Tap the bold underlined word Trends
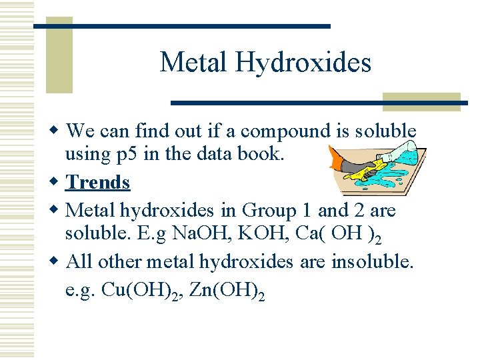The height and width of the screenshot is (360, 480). pyautogui.click(x=99, y=182)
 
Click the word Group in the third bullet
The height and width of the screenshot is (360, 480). pyautogui.click(x=268, y=211)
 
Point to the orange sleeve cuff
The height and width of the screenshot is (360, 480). pyautogui.click(x=336, y=159)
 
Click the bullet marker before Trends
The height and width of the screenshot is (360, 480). pyautogui.click(x=57, y=182)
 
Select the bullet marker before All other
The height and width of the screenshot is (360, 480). pyautogui.click(x=57, y=262)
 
